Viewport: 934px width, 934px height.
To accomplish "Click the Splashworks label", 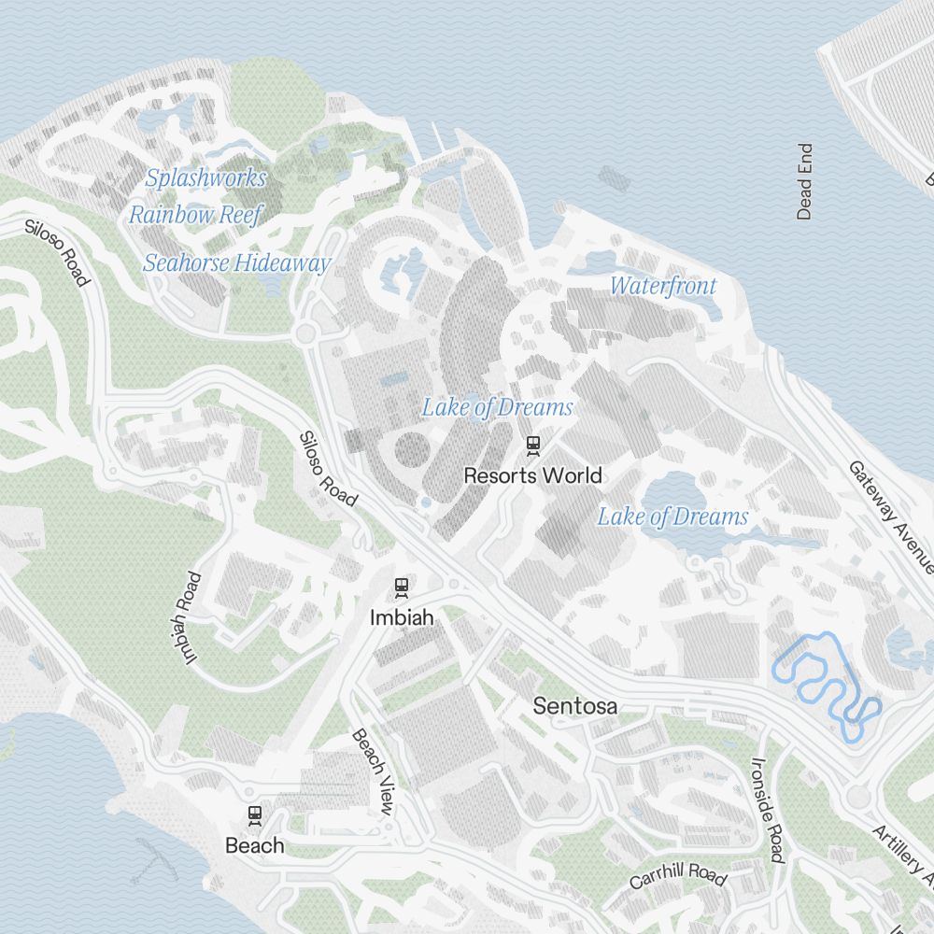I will [205, 177].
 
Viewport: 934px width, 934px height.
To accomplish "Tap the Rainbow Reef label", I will [196, 214].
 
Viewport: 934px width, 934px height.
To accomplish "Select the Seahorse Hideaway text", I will [236, 262].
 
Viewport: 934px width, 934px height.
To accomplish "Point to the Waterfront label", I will [663, 286].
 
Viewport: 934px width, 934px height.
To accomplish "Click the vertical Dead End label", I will [804, 181].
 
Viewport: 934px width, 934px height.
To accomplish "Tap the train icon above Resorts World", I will [532, 446].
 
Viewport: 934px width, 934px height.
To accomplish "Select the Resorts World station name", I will [532, 475].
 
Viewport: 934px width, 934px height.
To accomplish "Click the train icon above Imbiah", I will [402, 587].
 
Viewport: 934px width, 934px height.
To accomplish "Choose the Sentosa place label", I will [574, 706].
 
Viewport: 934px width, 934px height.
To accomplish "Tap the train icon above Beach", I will [254, 815].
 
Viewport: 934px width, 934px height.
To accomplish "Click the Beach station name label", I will [254, 845].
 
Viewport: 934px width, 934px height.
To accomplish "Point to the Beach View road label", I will [372, 771].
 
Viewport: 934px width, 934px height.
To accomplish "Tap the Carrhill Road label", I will [677, 877].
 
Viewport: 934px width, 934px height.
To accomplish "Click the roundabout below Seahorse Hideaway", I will [304, 334].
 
